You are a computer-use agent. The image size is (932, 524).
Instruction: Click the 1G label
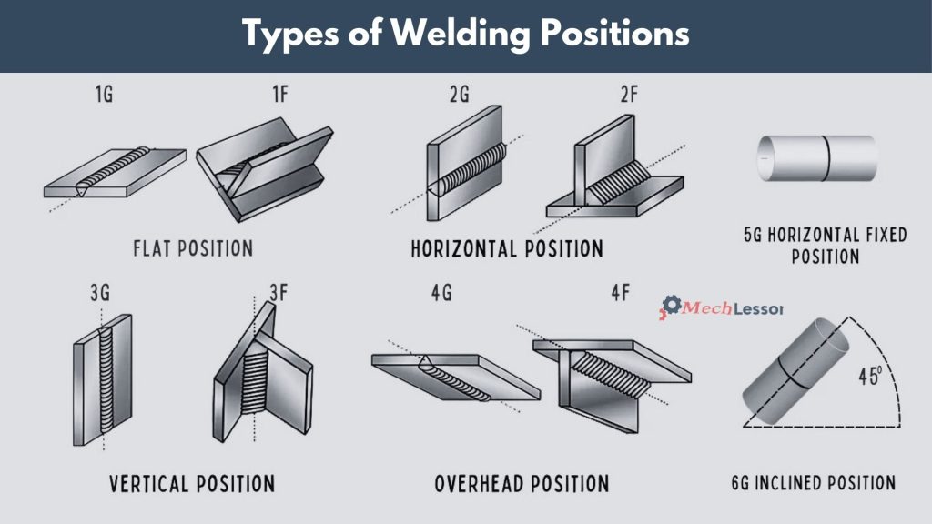[103, 95]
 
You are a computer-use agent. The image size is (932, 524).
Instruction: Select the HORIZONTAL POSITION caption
[507, 247]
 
